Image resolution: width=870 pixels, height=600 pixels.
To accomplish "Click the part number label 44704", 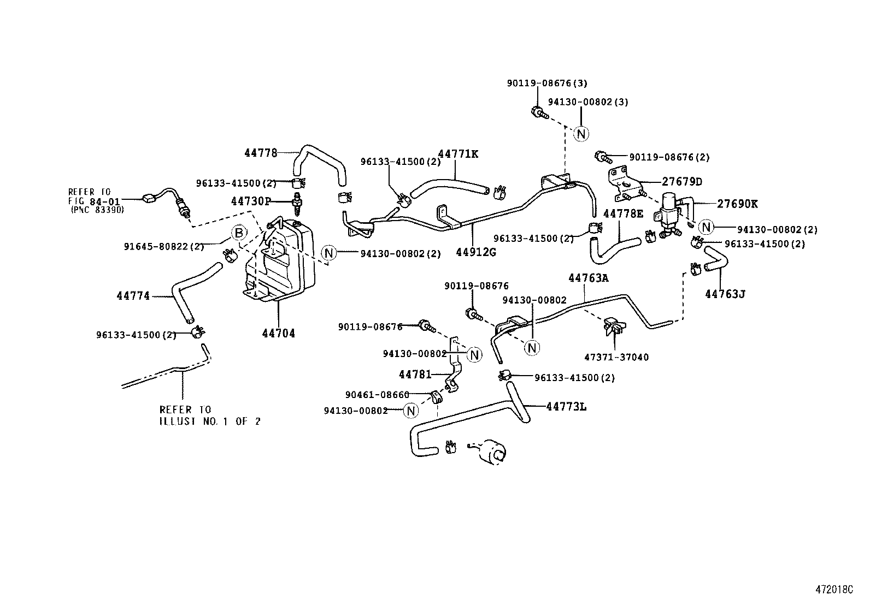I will point(278,333).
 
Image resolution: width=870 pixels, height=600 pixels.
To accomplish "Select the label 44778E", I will point(623,213).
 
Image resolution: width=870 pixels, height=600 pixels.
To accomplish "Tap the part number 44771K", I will point(458,154).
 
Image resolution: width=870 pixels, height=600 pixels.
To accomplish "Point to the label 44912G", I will point(476,252).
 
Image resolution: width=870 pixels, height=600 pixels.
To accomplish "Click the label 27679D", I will point(682,182).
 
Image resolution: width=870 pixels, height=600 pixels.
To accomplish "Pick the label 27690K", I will point(737,204).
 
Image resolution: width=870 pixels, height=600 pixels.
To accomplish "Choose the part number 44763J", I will point(725,294).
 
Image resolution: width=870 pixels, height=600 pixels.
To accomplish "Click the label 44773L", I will point(566,406).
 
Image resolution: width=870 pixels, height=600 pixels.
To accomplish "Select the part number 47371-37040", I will point(616,357).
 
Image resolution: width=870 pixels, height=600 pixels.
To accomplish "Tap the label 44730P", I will point(251,201).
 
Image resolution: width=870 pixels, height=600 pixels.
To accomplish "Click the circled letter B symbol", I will point(238,233).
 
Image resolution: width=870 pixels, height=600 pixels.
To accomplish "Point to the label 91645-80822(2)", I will point(164,247).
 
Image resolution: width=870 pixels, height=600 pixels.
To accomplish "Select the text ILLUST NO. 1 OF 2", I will point(210,421).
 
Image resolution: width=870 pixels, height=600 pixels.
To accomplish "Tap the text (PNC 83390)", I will point(97,210).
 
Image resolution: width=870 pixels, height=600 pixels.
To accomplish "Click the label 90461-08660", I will point(377,395).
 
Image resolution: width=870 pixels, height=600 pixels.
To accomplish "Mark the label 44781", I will point(415,375).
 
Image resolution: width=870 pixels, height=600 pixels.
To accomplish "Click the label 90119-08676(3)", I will point(546,83).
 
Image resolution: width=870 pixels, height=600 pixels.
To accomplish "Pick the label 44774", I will point(133,296).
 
